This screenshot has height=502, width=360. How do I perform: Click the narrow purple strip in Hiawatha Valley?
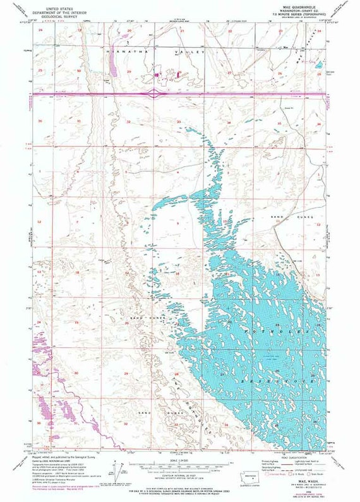(x=114, y=63)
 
